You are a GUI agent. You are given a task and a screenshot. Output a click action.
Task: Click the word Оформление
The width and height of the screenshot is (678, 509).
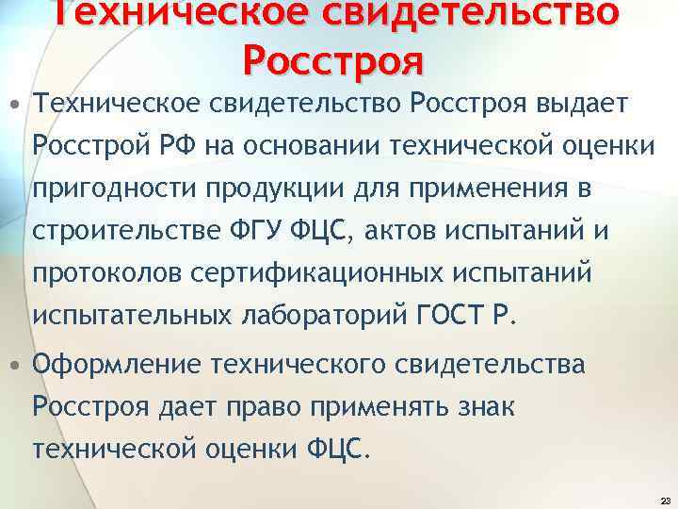click(117, 364)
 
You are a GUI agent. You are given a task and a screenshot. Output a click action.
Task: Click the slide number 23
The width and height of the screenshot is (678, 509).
click(666, 501)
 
